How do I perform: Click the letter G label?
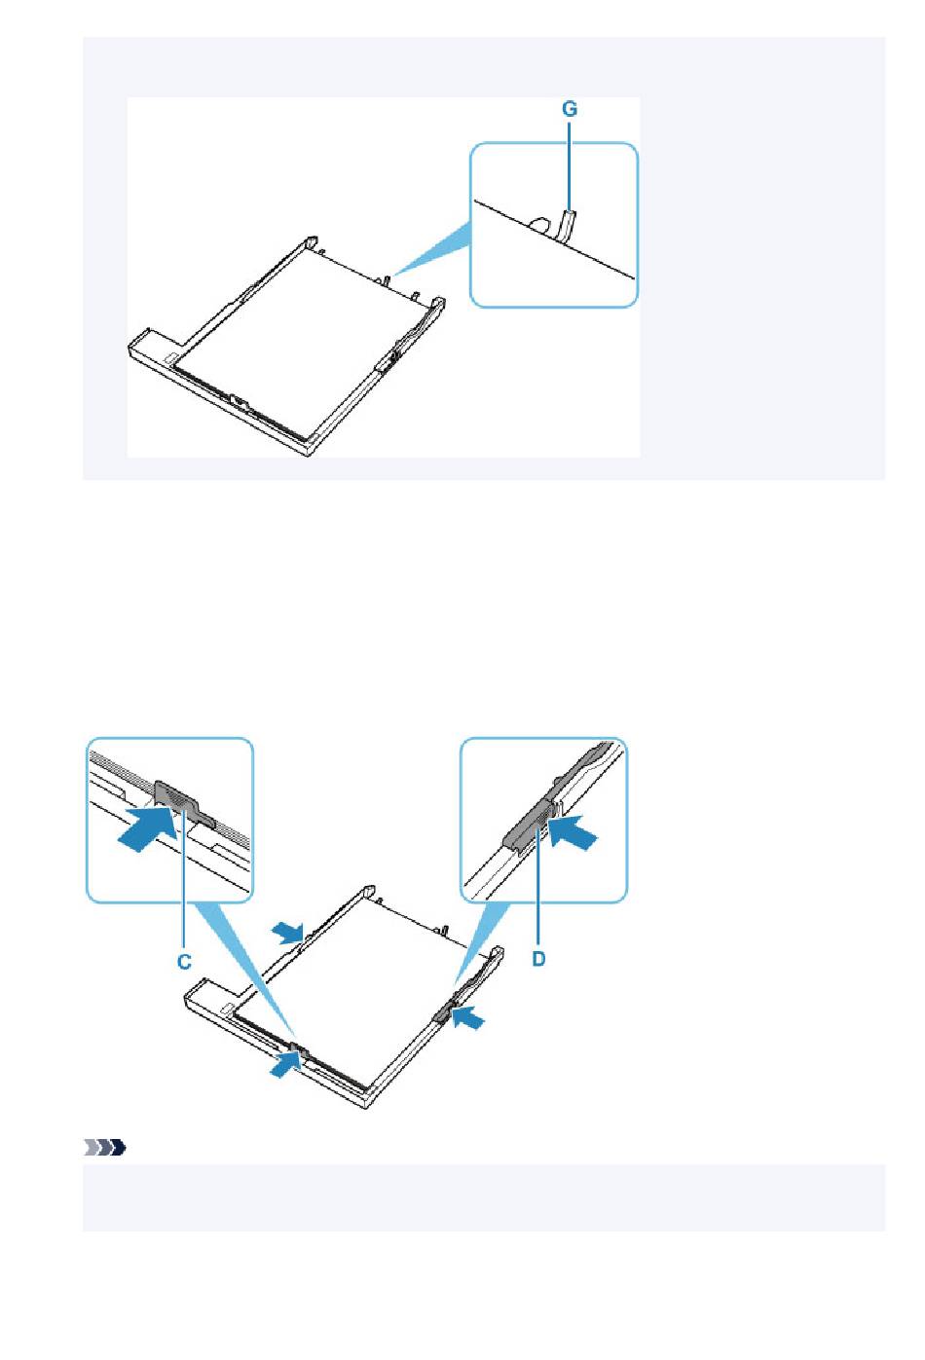(x=569, y=109)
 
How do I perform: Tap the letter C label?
(x=184, y=962)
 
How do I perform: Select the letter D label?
(x=538, y=959)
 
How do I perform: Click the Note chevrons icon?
(x=104, y=1148)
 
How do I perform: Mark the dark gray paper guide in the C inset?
(x=183, y=803)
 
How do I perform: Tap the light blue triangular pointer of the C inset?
(x=246, y=972)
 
